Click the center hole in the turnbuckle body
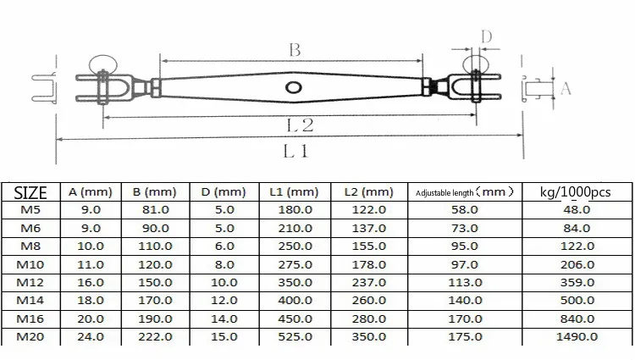click(x=293, y=87)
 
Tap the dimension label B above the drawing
click(x=295, y=50)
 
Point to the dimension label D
click(x=486, y=37)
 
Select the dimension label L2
click(x=300, y=125)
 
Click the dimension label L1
click(x=295, y=152)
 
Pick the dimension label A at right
click(x=566, y=88)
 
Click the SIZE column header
click(x=30, y=193)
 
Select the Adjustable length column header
click(x=465, y=192)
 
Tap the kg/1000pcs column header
click(x=575, y=192)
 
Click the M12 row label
click(x=30, y=283)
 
